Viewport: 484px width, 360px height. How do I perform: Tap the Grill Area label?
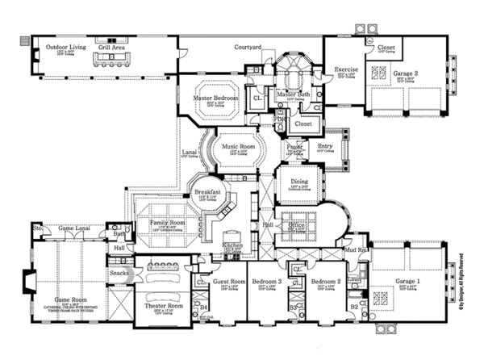(111, 48)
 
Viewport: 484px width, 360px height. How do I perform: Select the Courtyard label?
(248, 48)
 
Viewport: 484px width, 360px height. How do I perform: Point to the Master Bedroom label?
(214, 98)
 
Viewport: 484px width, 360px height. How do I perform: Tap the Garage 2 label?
(406, 73)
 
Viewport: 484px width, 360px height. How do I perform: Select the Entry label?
(325, 146)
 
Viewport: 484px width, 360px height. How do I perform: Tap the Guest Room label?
(229, 283)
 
